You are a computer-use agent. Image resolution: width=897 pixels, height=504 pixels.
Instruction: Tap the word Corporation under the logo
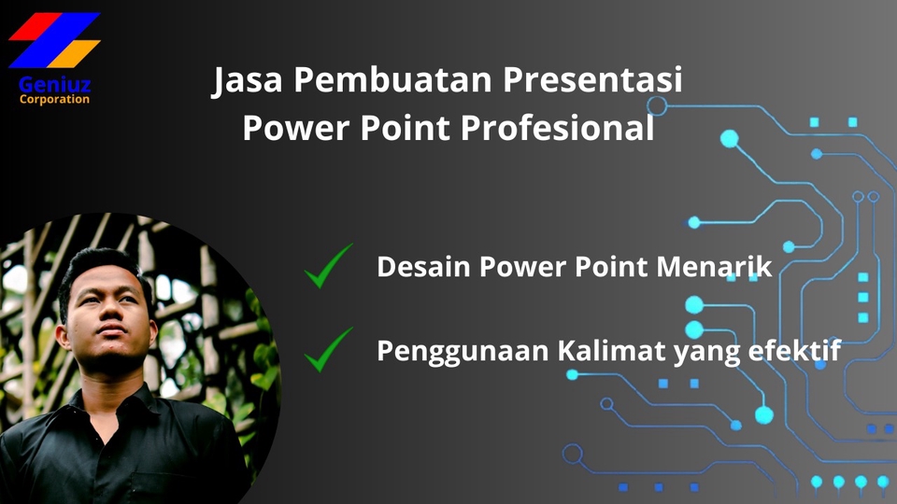[54, 99]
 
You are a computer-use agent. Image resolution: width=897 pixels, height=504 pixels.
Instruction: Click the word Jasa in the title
[246, 82]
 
